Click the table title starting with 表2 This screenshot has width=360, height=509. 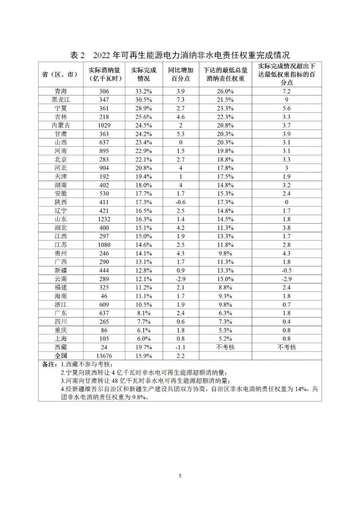pos(180,55)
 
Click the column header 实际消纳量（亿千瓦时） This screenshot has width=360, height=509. pos(104,74)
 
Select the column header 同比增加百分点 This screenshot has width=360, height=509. pos(180,74)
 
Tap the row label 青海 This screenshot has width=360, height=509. pos(61,91)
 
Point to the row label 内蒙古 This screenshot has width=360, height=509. pos(61,126)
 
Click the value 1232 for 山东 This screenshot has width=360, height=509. pos(104,219)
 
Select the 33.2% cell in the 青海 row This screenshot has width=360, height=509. pos(143,91)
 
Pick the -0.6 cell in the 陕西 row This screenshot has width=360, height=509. pos(180,202)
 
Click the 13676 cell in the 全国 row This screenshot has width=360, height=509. pos(104,356)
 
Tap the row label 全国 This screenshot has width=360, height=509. pos(61,356)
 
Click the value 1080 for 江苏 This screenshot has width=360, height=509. pos(104,245)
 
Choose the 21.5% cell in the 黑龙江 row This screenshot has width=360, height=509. pos(225,100)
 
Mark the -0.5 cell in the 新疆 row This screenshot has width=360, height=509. pos(287,271)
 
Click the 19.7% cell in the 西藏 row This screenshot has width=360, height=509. pos(143,347)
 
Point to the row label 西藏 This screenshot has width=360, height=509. pos(61,347)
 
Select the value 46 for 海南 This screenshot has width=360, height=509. pos(104,296)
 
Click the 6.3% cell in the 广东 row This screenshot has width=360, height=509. pos(225,313)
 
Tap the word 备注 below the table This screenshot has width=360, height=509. pos(48,364)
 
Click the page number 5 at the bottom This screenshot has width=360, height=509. pos(180,476)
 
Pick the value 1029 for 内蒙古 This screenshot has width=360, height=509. pos(104,126)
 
